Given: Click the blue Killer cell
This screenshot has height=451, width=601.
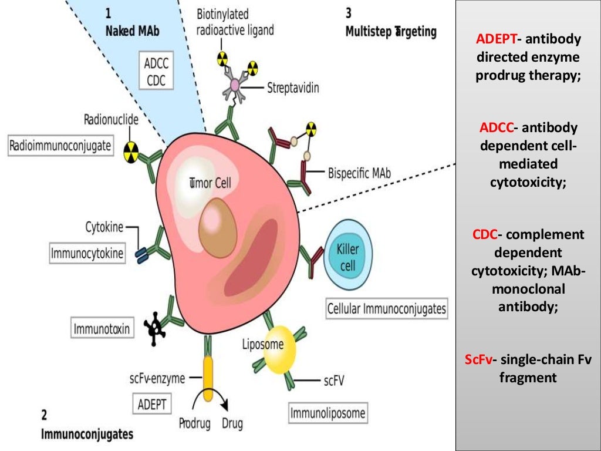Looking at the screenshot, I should (349, 257).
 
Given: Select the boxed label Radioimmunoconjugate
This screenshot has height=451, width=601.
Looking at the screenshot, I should (60, 146).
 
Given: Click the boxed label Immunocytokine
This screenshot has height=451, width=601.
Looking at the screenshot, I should (87, 254).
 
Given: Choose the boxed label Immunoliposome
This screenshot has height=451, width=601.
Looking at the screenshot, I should (327, 413).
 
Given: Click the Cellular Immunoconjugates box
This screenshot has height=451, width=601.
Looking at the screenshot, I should (386, 308).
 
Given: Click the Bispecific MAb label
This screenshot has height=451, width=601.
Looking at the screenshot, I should (359, 174).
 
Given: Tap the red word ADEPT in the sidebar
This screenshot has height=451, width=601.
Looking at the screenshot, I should (496, 39).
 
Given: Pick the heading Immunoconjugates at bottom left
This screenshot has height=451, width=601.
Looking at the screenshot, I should (86, 434).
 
